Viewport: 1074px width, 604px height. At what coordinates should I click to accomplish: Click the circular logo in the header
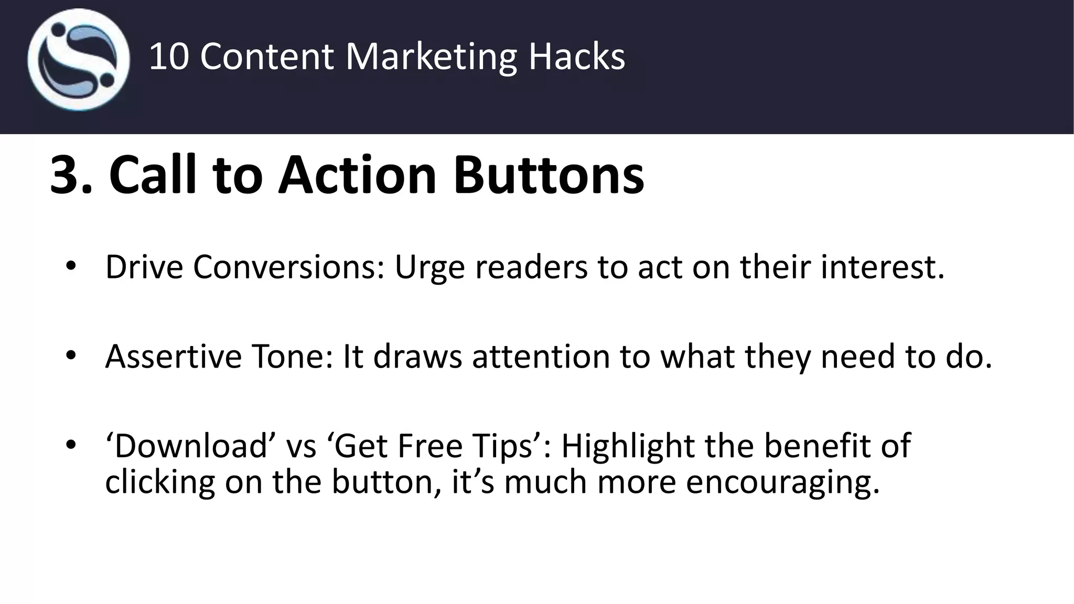[x=79, y=60]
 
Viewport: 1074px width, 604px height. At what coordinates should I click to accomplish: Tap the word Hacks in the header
[x=576, y=57]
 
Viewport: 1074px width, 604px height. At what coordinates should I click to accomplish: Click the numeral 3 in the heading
[x=67, y=175]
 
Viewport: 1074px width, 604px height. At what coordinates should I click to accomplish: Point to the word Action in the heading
[x=357, y=175]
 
